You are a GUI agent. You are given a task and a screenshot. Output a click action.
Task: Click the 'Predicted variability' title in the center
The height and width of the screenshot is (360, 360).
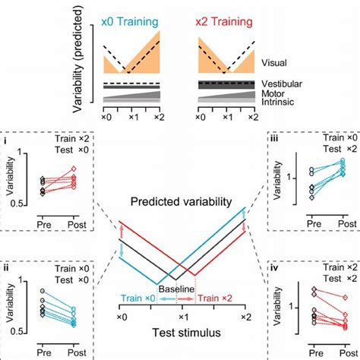181,203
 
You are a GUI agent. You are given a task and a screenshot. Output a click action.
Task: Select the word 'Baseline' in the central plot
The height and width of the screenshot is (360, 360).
181,290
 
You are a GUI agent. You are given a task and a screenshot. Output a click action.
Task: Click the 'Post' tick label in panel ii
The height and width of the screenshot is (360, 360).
70,347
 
